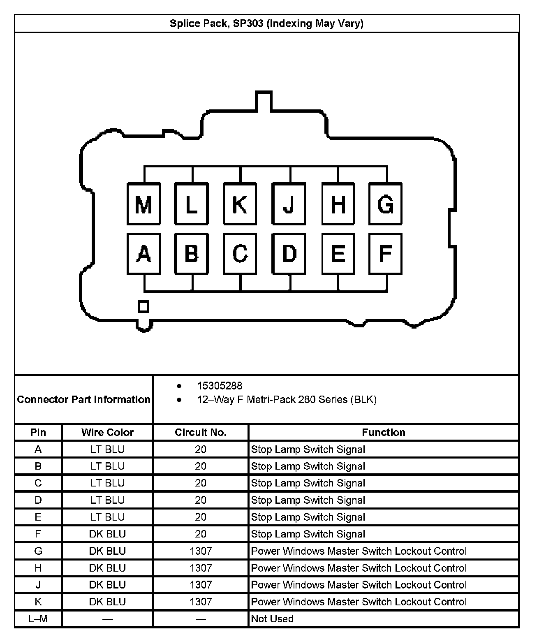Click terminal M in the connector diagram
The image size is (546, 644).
click(x=143, y=204)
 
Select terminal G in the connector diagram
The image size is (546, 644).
click(x=385, y=204)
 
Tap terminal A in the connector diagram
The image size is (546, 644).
click(x=143, y=253)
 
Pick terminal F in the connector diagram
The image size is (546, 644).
click(x=385, y=253)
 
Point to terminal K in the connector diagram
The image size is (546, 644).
click(x=240, y=204)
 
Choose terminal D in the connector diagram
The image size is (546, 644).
click(x=289, y=253)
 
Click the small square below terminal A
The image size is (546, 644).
click(x=143, y=306)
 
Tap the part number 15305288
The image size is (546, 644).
click(x=220, y=386)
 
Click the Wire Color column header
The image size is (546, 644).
click(x=107, y=432)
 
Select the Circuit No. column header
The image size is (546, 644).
click(x=201, y=432)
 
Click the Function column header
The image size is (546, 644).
click(x=383, y=432)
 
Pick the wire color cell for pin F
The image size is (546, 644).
click(x=107, y=534)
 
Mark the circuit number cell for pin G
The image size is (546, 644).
click(x=201, y=551)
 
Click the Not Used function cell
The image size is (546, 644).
click(x=272, y=619)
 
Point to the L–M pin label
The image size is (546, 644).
click(x=38, y=619)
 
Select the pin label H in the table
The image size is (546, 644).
click(x=38, y=568)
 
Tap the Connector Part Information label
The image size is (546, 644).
click(x=83, y=399)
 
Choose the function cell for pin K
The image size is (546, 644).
click(x=359, y=602)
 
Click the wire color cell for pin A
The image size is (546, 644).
click(x=107, y=449)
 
